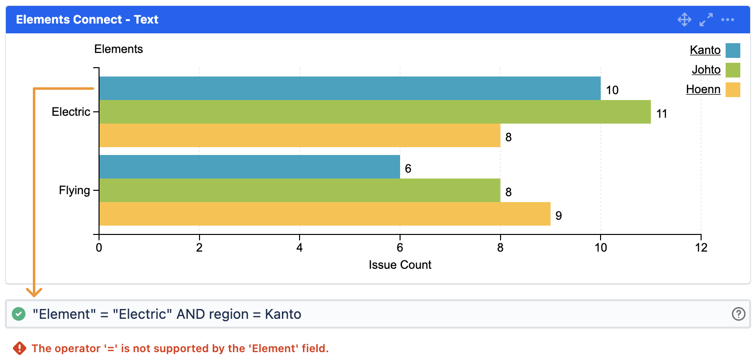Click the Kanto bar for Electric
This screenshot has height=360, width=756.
point(350,88)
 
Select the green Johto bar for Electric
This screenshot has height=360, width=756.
point(375,112)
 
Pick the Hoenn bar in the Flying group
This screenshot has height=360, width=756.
point(325,214)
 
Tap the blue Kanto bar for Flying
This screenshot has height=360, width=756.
point(249,167)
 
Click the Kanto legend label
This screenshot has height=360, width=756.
point(705,50)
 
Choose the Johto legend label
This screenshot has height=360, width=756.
point(706,70)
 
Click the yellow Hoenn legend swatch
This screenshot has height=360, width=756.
point(732,90)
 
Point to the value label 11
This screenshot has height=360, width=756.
point(662,114)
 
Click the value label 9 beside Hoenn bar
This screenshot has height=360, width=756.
point(558,216)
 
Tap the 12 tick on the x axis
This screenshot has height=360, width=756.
point(701,248)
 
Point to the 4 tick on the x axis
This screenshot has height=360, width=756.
point(300,248)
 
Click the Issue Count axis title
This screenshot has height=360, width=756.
point(400,265)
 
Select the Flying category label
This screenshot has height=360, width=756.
point(75,190)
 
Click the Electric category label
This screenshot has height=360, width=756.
point(71,112)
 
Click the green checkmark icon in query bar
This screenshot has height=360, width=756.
point(19,314)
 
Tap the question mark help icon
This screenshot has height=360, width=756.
point(738,314)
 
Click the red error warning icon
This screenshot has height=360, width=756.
point(19,348)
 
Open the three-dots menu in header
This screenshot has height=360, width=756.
point(728,20)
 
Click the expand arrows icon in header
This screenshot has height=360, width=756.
point(706,20)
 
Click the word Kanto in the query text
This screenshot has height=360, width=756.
point(283,314)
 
